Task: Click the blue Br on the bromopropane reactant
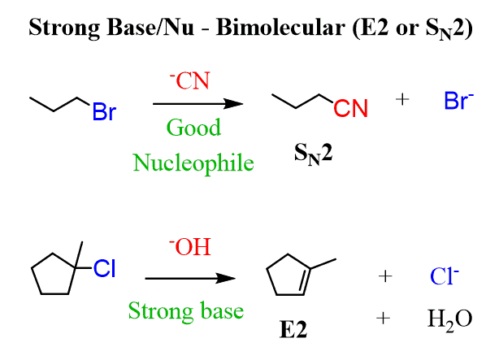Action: [104, 111]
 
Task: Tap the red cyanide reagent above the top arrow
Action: [189, 80]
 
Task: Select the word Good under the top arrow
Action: [193, 128]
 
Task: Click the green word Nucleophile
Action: [193, 163]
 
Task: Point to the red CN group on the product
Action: [351, 108]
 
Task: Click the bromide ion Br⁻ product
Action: [458, 100]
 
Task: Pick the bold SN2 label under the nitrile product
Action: [314, 154]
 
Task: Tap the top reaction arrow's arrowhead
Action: [234, 104]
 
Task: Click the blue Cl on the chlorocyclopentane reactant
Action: [104, 268]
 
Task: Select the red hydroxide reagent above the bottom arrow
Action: [189, 247]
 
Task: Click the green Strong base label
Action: [186, 311]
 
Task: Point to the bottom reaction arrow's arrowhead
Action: [226, 278]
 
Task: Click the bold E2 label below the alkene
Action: [293, 329]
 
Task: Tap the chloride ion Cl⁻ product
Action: [445, 275]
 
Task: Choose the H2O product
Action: [449, 319]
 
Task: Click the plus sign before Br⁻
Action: [402, 99]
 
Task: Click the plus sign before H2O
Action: [383, 318]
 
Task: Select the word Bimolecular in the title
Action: [280, 27]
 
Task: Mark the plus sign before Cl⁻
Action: [385, 276]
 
